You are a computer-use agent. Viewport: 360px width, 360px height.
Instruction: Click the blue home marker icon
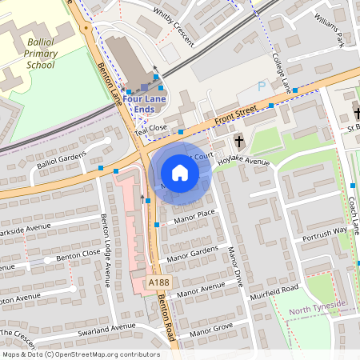180,173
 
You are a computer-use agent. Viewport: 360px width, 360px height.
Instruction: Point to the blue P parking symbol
262,86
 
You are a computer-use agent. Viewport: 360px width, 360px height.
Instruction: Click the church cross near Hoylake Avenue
238,142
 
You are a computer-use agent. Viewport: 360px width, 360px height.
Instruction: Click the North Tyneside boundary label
318,304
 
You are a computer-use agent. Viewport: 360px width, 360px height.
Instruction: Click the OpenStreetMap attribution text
80,354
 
